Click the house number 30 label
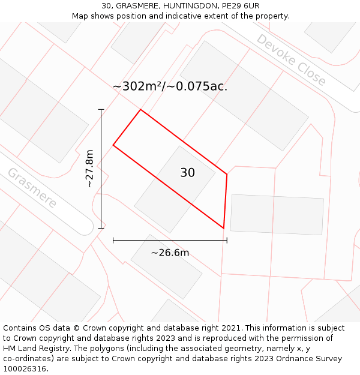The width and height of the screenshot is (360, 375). pos(187,173)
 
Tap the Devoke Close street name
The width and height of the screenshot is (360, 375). pos(291,60)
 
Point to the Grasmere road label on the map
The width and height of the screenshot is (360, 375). pos(32,188)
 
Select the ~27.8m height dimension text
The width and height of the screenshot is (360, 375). pos(90,169)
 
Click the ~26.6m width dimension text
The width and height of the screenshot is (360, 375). pos(170,253)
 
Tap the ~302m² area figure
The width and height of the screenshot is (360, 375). pos(137,86)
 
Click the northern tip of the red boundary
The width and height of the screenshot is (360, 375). pos(140,110)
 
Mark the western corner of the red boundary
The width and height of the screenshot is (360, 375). pos(113,145)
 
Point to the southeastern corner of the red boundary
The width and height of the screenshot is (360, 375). pos(224,228)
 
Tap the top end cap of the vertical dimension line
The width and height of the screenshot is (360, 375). pos(101,110)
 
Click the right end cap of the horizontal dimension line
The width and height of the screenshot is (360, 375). pos(227,240)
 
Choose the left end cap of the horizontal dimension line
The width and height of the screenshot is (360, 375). pos(113,240)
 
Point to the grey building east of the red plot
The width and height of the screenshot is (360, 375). pos(277,214)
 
